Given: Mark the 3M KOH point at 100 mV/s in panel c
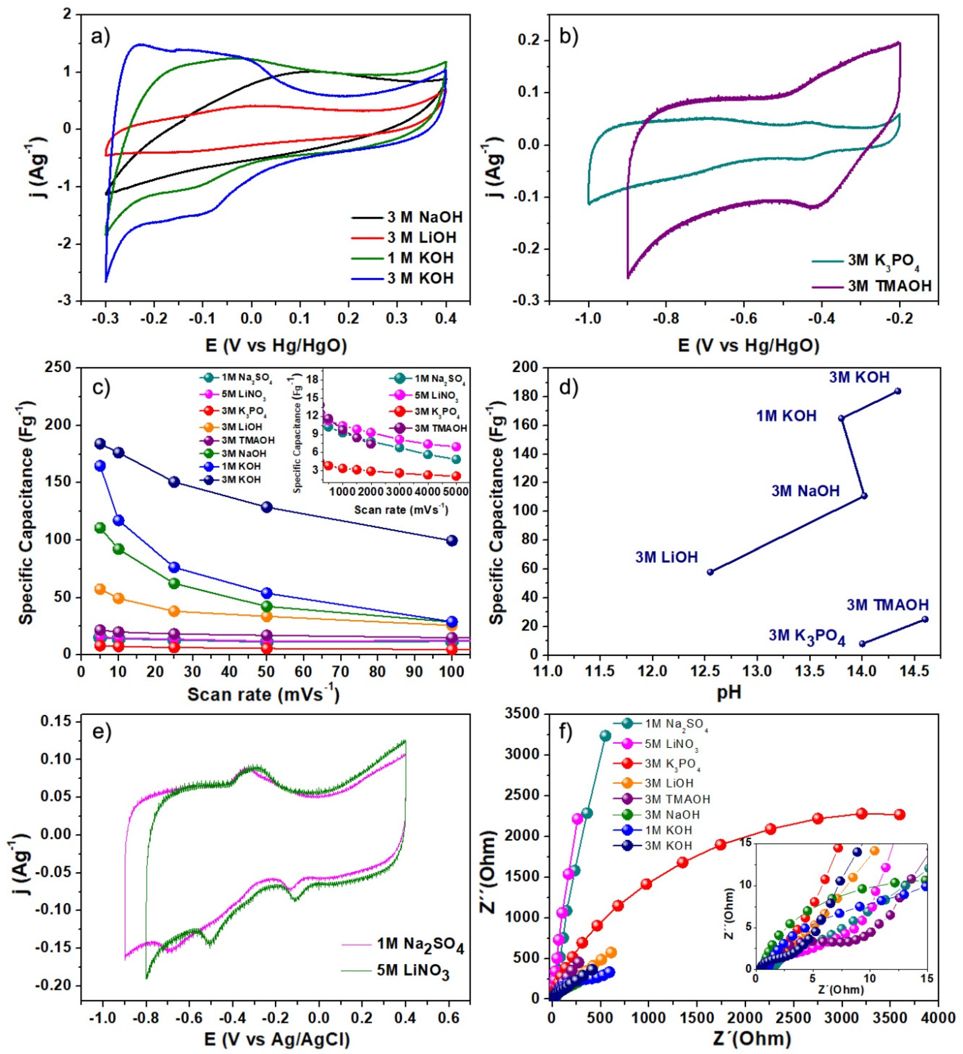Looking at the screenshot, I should [452, 541].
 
